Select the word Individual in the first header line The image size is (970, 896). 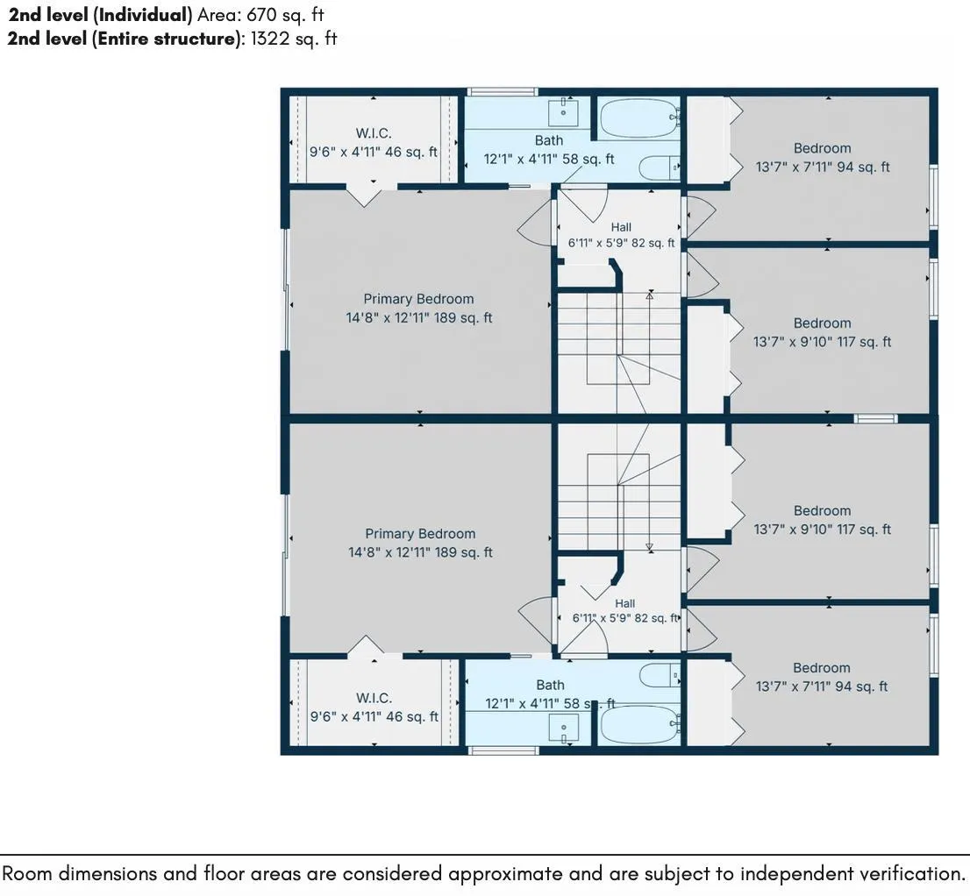143,14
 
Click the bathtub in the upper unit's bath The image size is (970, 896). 639,117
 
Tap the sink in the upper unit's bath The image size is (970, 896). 564,112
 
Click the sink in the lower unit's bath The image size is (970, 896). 564,728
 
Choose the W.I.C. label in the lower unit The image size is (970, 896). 374,698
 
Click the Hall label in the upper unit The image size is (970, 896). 621,227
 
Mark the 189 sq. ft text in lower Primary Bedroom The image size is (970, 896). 464,552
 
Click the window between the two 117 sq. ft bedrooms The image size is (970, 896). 875,418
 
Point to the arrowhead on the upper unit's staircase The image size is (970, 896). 650,296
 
